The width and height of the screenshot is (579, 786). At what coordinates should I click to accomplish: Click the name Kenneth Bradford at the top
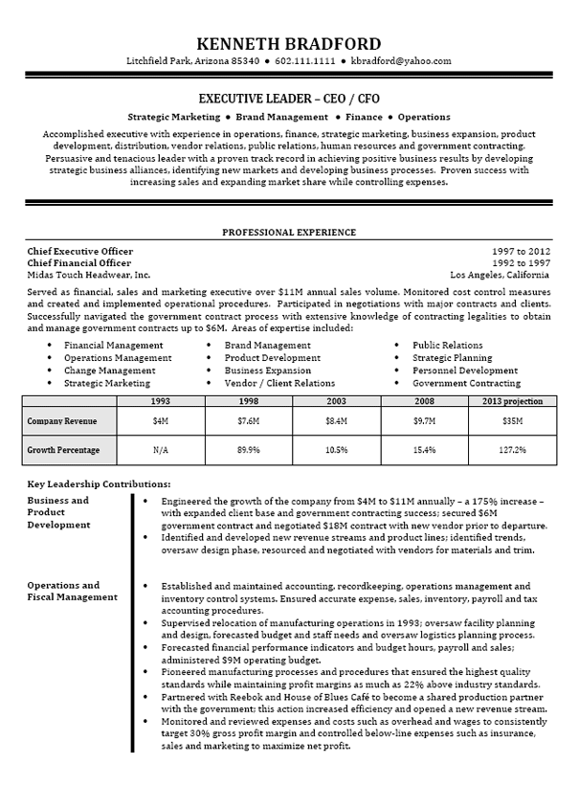(x=288, y=44)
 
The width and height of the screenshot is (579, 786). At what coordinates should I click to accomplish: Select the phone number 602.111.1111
(x=304, y=61)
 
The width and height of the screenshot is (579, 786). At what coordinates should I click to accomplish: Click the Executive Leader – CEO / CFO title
(x=288, y=98)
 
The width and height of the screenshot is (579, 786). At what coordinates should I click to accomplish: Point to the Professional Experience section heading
(x=289, y=233)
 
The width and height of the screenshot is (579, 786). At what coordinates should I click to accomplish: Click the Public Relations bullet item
(x=447, y=345)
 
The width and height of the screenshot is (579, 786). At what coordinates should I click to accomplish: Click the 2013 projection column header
(x=512, y=401)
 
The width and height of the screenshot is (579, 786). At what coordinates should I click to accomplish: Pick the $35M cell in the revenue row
(x=512, y=420)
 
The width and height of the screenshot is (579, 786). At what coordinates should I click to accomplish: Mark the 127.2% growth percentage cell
(x=512, y=448)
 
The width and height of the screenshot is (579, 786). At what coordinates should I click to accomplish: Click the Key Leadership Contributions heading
(x=100, y=484)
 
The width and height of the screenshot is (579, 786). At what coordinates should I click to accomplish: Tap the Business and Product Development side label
(x=59, y=512)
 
